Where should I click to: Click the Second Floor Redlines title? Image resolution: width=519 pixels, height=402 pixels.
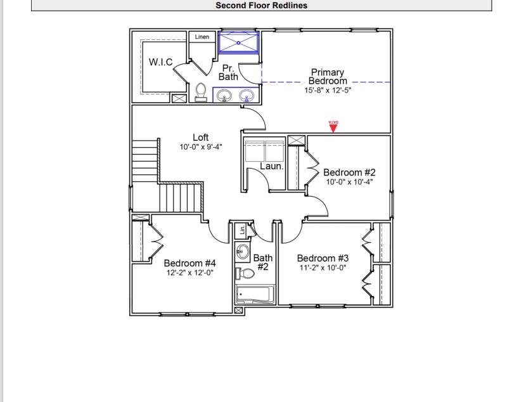click(261, 6)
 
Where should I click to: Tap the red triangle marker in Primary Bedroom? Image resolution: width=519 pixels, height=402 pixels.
click(333, 127)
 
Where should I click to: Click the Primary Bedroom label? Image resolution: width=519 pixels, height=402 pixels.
click(328, 77)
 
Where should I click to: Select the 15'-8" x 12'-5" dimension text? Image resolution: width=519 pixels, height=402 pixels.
click(328, 91)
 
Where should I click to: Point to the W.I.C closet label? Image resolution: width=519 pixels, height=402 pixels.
click(160, 62)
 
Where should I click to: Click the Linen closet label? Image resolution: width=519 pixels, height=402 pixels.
click(202, 37)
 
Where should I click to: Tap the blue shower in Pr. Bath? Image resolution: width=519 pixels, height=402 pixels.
click(239, 42)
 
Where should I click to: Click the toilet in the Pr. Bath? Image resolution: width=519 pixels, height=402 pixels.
click(201, 93)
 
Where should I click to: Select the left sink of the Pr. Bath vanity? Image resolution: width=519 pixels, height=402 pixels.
click(224, 96)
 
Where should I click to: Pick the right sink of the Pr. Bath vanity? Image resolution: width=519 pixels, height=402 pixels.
click(246, 96)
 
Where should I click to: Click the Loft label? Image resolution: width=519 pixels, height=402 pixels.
click(200, 138)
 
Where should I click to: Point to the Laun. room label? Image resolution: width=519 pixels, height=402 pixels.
click(272, 167)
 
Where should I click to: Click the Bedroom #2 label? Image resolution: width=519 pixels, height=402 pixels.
click(349, 172)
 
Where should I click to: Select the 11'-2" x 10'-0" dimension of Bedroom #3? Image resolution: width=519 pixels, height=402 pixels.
click(323, 268)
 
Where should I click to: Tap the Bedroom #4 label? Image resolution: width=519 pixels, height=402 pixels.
click(190, 263)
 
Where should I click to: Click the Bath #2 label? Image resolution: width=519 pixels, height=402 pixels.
click(262, 263)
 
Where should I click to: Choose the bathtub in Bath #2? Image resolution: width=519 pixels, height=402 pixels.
click(255, 295)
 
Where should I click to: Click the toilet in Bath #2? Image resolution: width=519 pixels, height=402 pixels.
click(245, 273)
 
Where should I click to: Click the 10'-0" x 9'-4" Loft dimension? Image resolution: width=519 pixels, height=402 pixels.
click(200, 148)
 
